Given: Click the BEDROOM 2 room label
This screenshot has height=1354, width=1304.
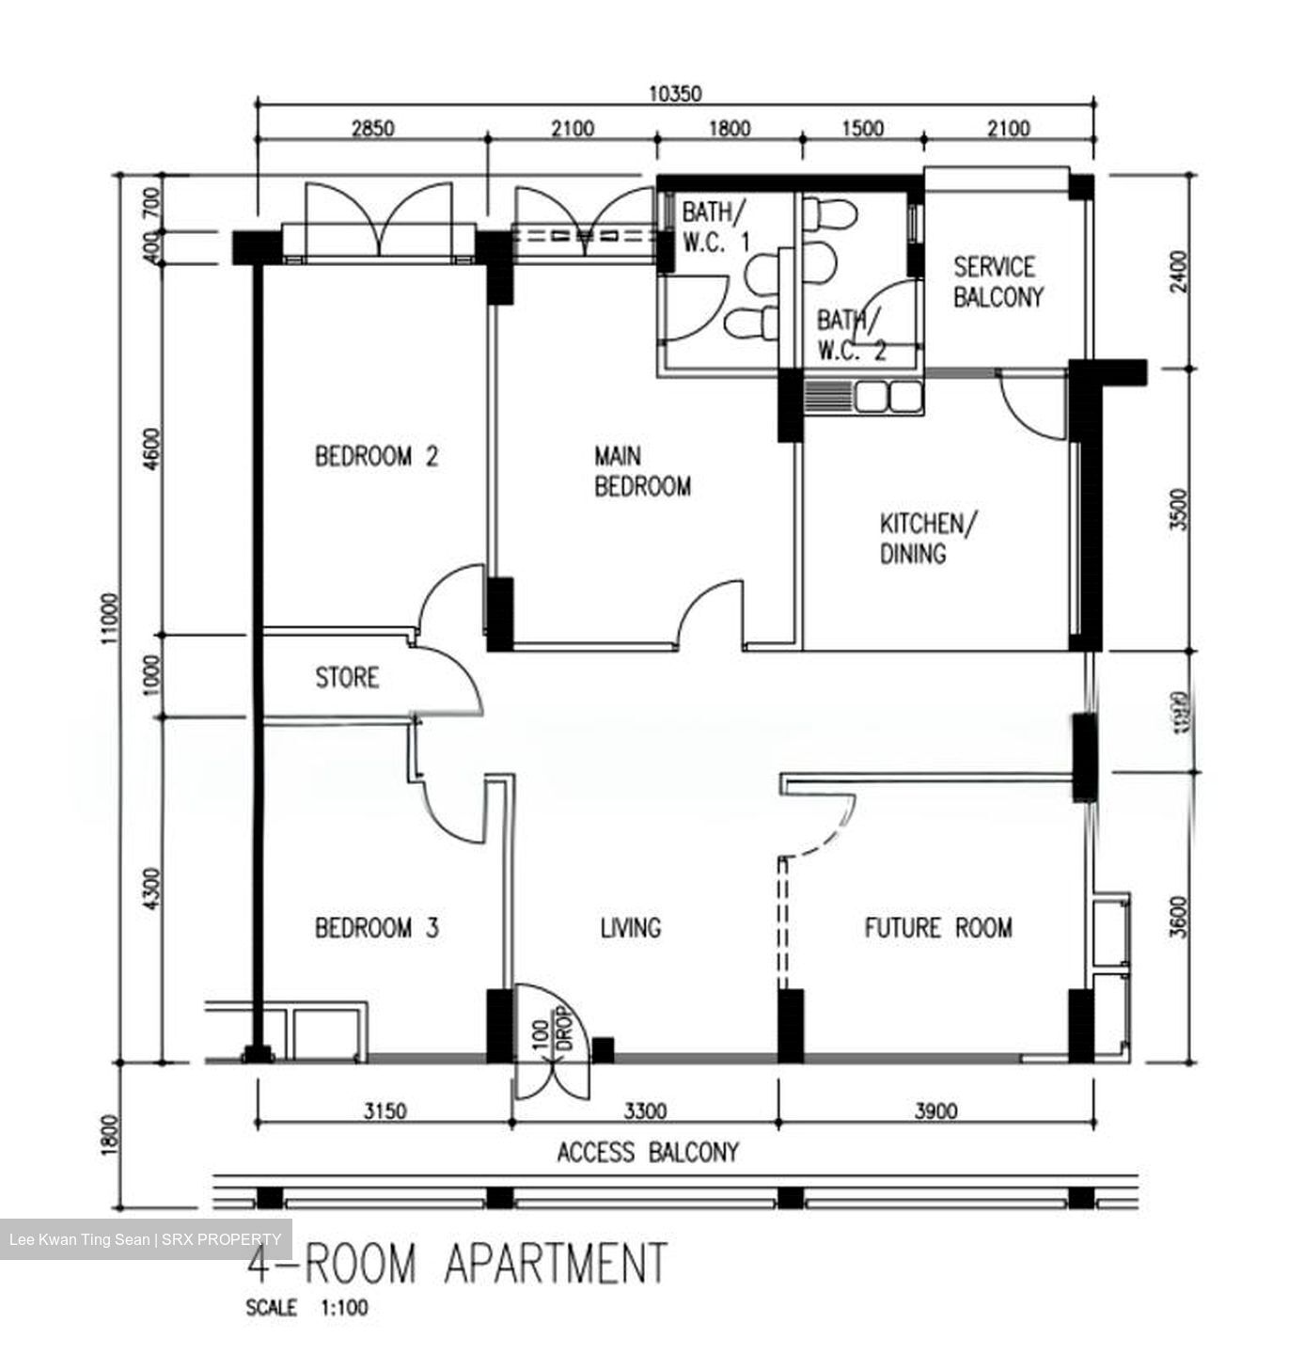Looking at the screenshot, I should click(376, 458).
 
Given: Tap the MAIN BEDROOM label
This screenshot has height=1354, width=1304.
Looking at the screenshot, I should click(642, 472).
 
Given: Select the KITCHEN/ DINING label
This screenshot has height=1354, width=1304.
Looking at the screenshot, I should click(928, 538).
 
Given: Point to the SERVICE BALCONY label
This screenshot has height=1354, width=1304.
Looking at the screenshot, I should click(998, 282).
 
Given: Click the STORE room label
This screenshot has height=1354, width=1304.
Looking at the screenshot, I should click(347, 678).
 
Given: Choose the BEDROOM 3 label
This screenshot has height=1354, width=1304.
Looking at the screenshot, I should click(376, 929).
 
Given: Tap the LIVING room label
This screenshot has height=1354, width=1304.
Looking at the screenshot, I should click(631, 929).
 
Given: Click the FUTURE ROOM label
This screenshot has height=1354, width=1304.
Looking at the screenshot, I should click(938, 929).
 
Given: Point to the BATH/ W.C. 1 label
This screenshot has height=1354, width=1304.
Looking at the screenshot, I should click(715, 227).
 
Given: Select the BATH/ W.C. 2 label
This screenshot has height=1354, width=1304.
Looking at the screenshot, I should click(851, 336).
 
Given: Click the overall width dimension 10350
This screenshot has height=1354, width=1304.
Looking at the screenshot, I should click(675, 93).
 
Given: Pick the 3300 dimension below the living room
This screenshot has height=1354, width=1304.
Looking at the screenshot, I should click(645, 1111).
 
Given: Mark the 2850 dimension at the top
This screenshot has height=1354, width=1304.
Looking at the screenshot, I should click(372, 129).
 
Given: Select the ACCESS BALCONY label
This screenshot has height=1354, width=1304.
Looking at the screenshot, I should click(648, 1152).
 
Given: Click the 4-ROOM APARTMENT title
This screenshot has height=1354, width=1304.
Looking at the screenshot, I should click(457, 1263).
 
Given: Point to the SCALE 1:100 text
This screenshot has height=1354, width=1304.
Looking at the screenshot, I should click(306, 1308).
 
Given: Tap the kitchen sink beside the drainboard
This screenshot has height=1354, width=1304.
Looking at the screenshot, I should click(887, 397).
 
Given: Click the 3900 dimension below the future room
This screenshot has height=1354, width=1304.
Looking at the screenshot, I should click(935, 1111).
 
